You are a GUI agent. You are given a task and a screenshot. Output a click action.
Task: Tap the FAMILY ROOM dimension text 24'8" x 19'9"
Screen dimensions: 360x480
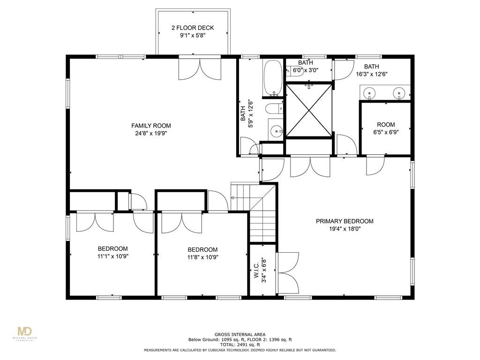pyautogui.click(x=150, y=133)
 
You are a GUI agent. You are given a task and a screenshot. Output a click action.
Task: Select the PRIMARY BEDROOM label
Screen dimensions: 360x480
pyautogui.click(x=344, y=221)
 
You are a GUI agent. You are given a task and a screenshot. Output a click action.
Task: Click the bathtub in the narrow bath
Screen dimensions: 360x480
pyautogui.click(x=273, y=77)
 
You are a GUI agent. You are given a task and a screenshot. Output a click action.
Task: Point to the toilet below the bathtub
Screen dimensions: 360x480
pyautogui.click(x=274, y=109)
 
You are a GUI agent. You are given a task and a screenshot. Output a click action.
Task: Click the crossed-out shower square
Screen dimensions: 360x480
pyautogui.click(x=308, y=110)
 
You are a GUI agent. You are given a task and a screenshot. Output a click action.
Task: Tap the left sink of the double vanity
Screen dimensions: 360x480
pyautogui.click(x=370, y=93)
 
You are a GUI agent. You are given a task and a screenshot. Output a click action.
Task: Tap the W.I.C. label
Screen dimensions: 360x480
pyautogui.click(x=257, y=270)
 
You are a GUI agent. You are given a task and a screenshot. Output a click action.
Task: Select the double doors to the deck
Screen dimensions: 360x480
pyautogui.click(x=200, y=68)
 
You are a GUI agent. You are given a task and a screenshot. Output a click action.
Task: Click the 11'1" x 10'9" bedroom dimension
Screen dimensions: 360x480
pyautogui.click(x=112, y=256)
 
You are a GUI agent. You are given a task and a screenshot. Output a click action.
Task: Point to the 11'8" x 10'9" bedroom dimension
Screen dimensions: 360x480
pyautogui.click(x=202, y=257)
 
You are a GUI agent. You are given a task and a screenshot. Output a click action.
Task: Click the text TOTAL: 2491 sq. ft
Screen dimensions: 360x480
pyautogui.click(x=240, y=345)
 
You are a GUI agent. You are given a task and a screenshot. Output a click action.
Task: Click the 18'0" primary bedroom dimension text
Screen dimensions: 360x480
pyautogui.click(x=353, y=229)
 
